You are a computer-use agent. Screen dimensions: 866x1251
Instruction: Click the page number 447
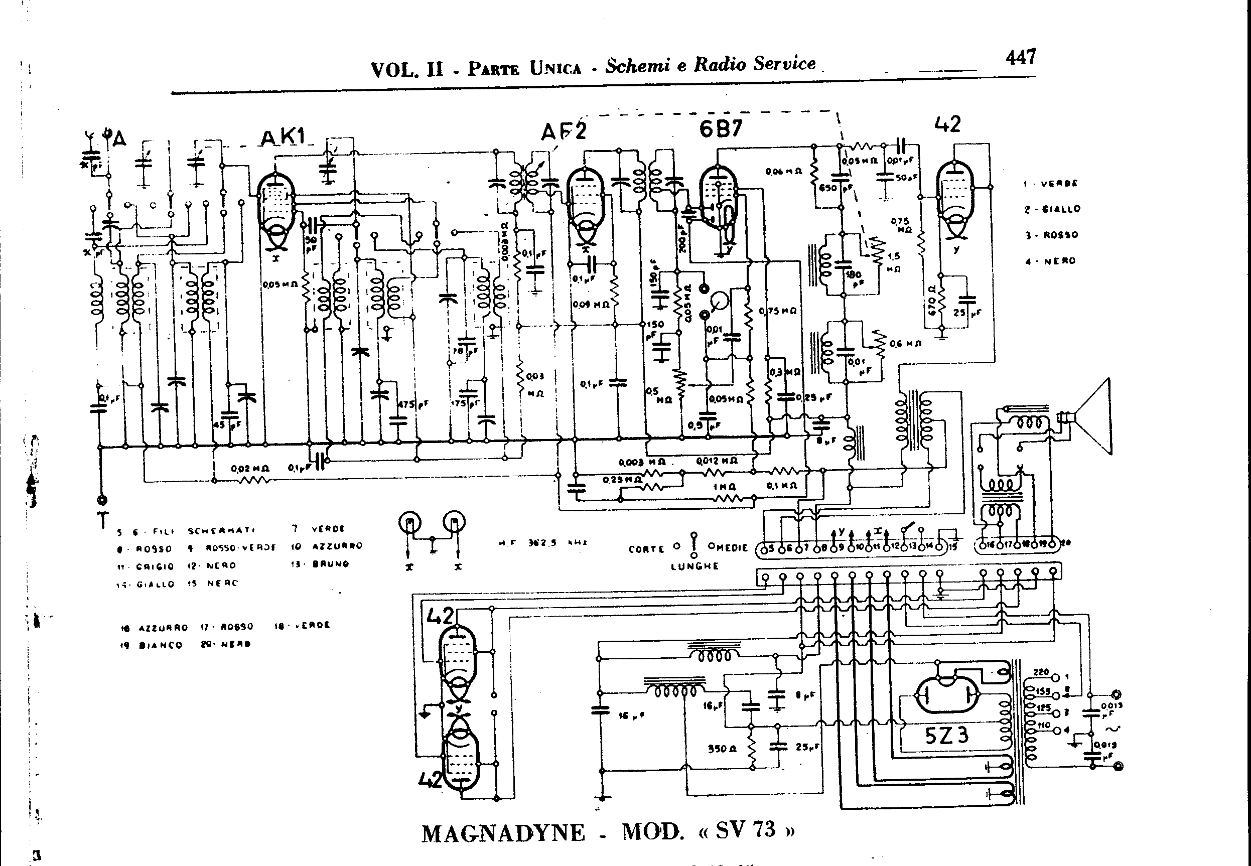coord(1020,58)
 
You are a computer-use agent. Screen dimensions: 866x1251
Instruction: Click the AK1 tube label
coord(284,138)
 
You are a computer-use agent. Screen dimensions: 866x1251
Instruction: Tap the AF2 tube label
coord(564,131)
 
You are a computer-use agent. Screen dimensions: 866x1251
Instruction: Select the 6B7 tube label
coord(720,128)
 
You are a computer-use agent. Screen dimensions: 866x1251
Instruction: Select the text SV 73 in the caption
coord(746,830)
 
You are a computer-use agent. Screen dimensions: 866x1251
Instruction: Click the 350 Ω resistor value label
coord(722,749)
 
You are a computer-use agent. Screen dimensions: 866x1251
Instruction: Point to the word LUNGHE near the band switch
coord(694,566)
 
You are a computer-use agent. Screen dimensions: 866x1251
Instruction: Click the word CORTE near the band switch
coord(646,548)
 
